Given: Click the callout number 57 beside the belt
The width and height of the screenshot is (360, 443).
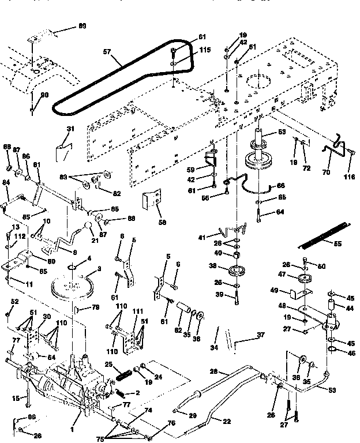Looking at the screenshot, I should pyautogui.click(x=107, y=51).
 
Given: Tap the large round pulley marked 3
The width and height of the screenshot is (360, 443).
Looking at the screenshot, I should pyautogui.click(x=73, y=287).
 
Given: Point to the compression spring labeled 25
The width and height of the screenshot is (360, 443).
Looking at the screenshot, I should pyautogui.click(x=123, y=373).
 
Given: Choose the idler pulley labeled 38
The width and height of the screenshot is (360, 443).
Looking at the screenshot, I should pyautogui.click(x=235, y=270).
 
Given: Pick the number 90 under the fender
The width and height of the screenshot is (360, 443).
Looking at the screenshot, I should pyautogui.click(x=44, y=95).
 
